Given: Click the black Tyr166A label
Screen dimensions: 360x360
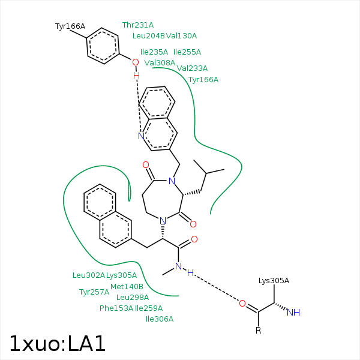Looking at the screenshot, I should pyautogui.click(x=70, y=26).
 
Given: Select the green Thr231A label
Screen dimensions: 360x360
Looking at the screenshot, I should pyautogui.click(x=138, y=25).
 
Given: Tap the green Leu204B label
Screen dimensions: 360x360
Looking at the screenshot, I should pyautogui.click(x=148, y=36).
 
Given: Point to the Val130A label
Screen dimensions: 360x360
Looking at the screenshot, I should pyautogui.click(x=181, y=36).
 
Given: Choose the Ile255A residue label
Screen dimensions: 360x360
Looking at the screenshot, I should pyautogui.click(x=187, y=52).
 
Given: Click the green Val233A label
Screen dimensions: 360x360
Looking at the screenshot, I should pyautogui.click(x=192, y=68).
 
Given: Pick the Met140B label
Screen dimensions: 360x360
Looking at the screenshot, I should pyautogui.click(x=127, y=287).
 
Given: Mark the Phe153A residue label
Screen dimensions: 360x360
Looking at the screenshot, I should pyautogui.click(x=116, y=308).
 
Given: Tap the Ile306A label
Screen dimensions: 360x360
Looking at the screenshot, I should pyautogui.click(x=160, y=319).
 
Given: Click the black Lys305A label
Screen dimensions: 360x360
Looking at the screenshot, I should pyautogui.click(x=274, y=281).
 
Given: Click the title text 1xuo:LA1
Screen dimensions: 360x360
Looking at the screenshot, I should pyautogui.click(x=58, y=343).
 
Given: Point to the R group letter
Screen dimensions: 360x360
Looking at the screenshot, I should pyautogui.click(x=258, y=331).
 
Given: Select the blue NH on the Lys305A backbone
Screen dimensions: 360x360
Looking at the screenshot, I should pyautogui.click(x=293, y=313).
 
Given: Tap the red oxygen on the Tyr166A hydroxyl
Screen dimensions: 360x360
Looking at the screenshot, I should pyautogui.click(x=136, y=62).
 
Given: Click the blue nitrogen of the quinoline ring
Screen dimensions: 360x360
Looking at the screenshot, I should pyautogui.click(x=141, y=136).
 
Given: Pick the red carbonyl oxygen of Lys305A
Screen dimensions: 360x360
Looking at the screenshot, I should pyautogui.click(x=242, y=304).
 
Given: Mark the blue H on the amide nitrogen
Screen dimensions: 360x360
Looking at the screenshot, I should pyautogui.click(x=190, y=273).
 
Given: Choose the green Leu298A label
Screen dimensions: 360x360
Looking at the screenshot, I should pyautogui.click(x=133, y=298).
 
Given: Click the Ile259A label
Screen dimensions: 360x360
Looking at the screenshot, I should pyautogui.click(x=149, y=308).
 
